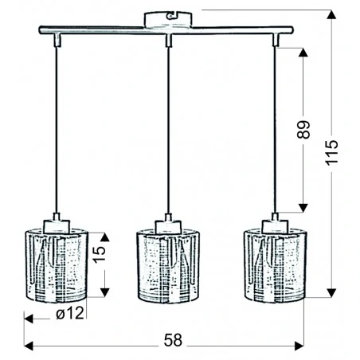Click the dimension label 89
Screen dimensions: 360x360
coord(303,130)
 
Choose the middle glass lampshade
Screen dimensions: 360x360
coord(167,266)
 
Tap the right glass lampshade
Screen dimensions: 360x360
coord(276,266)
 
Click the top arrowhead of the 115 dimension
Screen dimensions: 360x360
coord(332,14)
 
